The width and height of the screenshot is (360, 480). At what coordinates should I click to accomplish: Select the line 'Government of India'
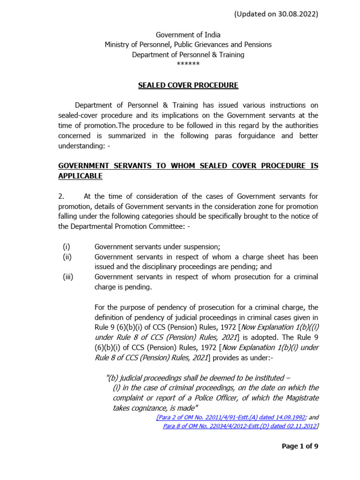[x=188, y=35]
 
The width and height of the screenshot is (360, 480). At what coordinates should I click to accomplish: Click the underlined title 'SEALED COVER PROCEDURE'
[x=188, y=85]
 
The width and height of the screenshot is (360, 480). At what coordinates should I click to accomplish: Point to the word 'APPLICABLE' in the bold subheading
[x=80, y=176]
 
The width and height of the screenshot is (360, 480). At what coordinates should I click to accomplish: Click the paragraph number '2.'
[x=61, y=196]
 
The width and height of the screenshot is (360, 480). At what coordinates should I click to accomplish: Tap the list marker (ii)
[x=67, y=257]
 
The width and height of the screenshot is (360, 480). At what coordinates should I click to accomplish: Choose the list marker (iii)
[x=68, y=277]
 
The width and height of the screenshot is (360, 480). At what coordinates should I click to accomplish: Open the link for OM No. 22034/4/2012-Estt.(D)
[x=240, y=426]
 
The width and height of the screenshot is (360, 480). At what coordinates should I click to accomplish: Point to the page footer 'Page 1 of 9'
[x=300, y=446]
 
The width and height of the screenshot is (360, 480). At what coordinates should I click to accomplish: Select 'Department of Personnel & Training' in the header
[x=188, y=54]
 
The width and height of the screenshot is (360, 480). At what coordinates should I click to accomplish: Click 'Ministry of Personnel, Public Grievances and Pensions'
[x=188, y=45]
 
